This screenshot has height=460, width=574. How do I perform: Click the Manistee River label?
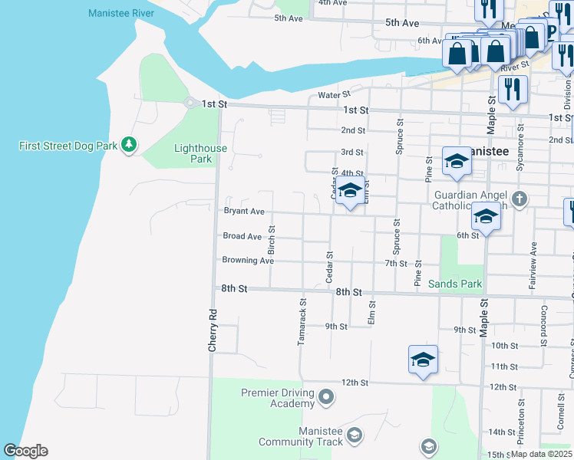tap(121, 14)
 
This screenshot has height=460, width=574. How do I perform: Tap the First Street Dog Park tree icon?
tap(130, 144)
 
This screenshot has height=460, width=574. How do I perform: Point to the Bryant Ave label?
tap(243, 212)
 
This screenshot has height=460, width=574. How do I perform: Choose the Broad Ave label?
tap(242, 236)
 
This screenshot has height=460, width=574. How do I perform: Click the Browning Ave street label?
tap(248, 261)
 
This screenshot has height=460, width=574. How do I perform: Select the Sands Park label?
tap(456, 284)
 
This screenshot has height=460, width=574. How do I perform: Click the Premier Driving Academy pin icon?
tap(326, 397)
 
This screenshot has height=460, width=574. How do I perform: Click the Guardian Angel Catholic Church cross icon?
tap(520, 199)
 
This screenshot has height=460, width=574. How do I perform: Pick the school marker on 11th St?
tap(423, 360)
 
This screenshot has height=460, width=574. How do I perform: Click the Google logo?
tap(25, 451)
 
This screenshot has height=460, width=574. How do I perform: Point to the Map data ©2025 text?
tap(541, 454)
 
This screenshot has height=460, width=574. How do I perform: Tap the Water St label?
tap(334, 96)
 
